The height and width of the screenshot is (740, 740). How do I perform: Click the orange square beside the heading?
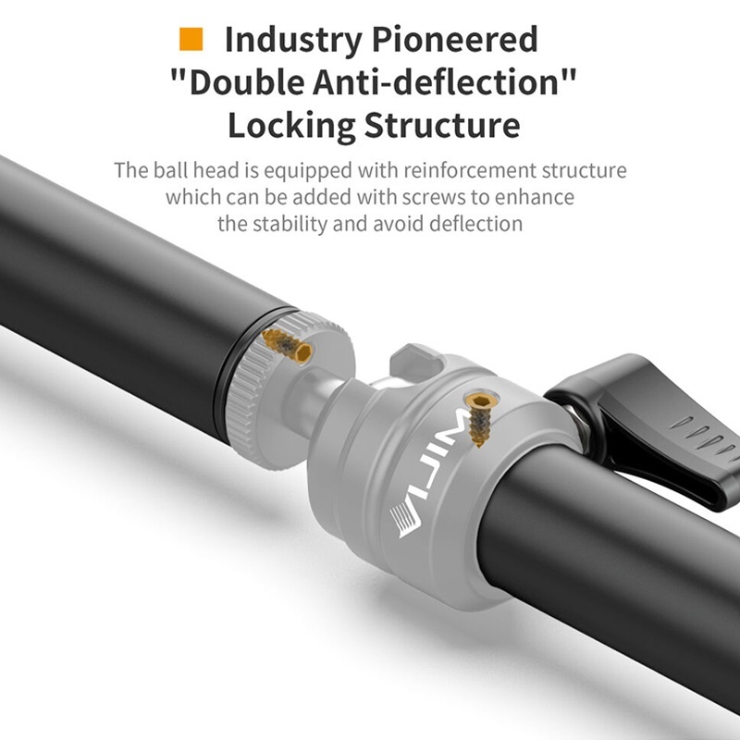coord(191,39)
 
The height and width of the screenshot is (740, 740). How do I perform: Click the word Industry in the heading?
coord(293,40)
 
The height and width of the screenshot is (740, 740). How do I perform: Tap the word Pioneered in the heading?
coord(454,39)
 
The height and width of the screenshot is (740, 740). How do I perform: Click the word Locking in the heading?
coord(291,126)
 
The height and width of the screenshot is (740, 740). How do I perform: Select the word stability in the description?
coord(290,224)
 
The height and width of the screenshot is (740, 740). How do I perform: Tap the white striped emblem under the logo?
coord(404,520)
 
